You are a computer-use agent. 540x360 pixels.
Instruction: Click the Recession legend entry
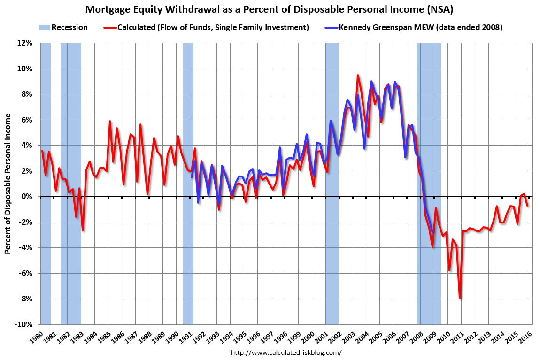(x=63, y=27)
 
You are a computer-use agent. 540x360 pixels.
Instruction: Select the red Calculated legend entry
(x=207, y=27)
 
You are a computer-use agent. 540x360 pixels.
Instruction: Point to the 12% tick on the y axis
(x=25, y=43)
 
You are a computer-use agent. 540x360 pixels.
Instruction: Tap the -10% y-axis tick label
(x=23, y=325)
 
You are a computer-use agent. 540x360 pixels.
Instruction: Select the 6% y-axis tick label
(x=26, y=120)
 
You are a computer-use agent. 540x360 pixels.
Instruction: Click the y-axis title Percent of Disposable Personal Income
(x=8, y=184)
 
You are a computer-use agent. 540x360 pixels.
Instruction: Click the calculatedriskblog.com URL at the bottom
(x=287, y=352)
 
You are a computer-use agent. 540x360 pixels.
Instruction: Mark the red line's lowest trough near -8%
(x=460, y=298)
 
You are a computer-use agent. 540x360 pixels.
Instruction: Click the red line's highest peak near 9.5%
(x=358, y=75)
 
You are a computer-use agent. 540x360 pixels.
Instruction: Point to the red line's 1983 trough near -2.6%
(x=83, y=230)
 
